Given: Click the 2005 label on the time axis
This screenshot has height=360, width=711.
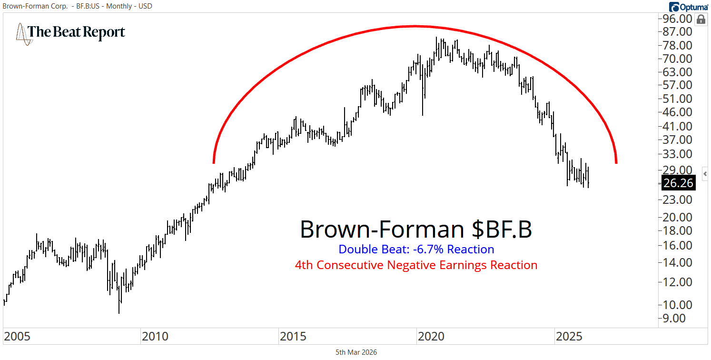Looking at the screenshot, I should pyautogui.click(x=17, y=337).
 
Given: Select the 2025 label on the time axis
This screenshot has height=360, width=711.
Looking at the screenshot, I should pyautogui.click(x=569, y=337).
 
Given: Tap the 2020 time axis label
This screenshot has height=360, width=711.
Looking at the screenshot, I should pyautogui.click(x=431, y=337).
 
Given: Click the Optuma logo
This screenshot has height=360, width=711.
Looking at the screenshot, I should pyautogui.click(x=689, y=7).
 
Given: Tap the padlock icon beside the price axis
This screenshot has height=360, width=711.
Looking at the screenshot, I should pyautogui.click(x=701, y=20).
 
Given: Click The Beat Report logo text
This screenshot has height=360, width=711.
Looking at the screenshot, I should pyautogui.click(x=76, y=32).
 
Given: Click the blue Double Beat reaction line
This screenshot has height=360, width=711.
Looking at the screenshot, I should pyautogui.click(x=416, y=249).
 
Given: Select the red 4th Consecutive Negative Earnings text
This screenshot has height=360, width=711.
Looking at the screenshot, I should pyautogui.click(x=416, y=265).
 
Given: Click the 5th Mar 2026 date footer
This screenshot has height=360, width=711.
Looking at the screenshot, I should pyautogui.click(x=356, y=352).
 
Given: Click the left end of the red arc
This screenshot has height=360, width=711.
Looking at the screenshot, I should pyautogui.click(x=214, y=162).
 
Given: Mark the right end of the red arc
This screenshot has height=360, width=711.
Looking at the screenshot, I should pyautogui.click(x=616, y=162).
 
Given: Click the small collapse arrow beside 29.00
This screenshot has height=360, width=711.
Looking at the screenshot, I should pyautogui.click(x=705, y=174).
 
